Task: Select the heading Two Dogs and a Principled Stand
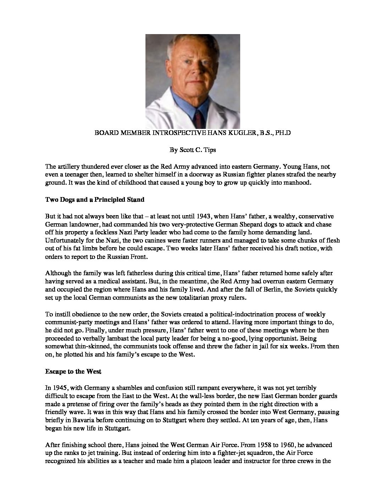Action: coord(95,200)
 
